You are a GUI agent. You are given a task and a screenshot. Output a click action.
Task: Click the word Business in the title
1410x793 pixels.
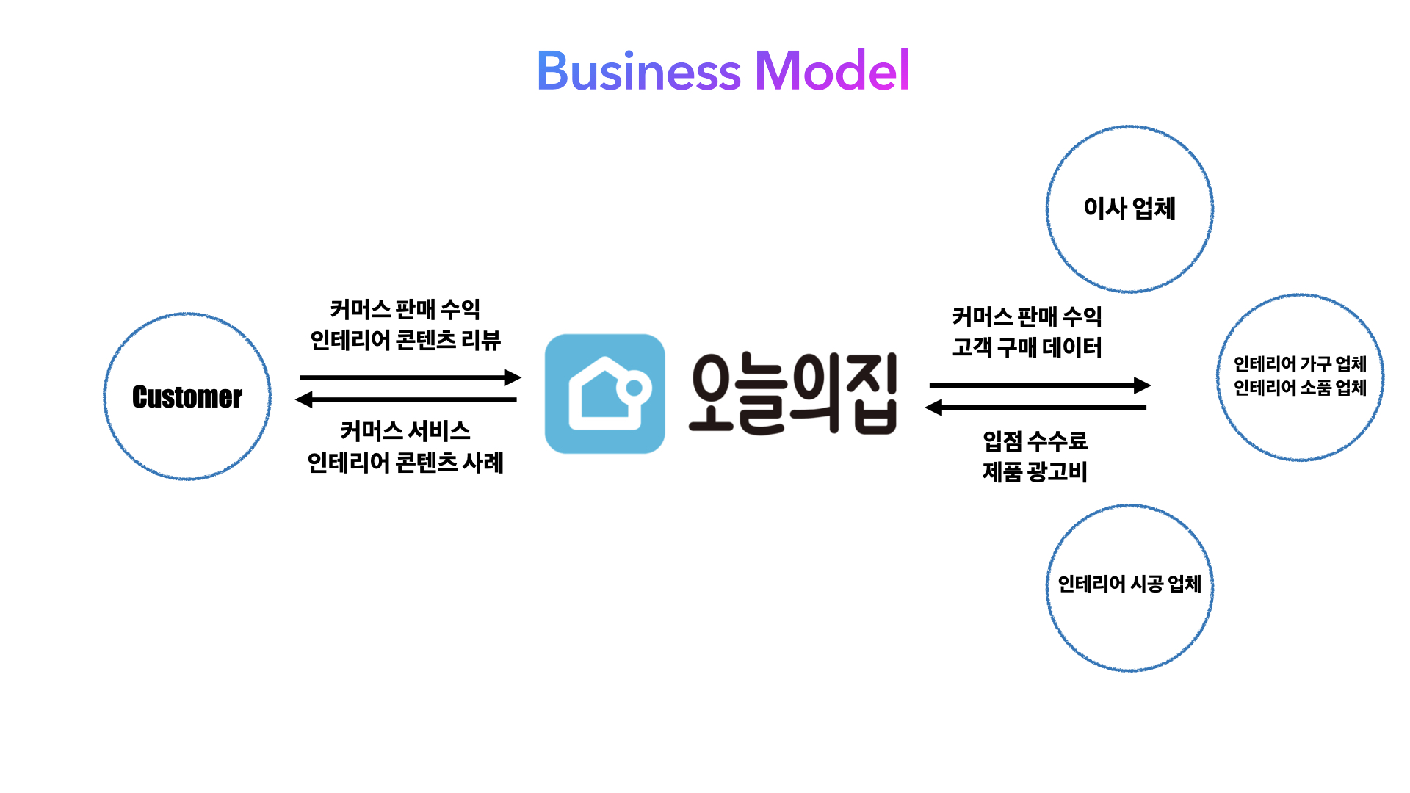tap(638, 71)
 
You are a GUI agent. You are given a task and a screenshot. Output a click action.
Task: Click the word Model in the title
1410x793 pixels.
tap(832, 71)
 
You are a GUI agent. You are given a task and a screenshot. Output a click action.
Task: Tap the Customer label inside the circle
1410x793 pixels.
tap(187, 397)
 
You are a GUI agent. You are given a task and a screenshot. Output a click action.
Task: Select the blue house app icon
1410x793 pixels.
tap(604, 394)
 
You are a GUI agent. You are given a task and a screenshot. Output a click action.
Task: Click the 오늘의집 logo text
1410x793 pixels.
tap(794, 394)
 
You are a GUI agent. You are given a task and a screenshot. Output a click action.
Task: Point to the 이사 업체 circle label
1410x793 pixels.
tap(1129, 209)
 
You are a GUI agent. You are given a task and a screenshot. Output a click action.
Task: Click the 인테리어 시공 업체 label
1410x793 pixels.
tap(1129, 584)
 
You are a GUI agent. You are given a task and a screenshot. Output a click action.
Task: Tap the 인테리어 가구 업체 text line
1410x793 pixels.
tap(1300, 364)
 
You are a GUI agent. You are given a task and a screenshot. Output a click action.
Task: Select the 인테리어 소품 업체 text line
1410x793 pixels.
tap(1300, 388)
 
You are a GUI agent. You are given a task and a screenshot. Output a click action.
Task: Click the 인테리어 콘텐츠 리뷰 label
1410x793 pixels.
tap(405, 341)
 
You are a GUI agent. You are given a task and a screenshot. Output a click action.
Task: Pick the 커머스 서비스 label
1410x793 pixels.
tap(405, 431)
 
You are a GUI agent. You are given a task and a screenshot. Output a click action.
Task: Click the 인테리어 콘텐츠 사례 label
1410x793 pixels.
tap(405, 463)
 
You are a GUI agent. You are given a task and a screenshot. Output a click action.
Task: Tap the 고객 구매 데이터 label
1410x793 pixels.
tap(1027, 347)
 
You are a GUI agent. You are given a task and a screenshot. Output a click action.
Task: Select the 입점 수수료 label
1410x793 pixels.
tap(1035, 441)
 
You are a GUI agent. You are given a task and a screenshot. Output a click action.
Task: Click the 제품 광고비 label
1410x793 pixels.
tap(1035, 472)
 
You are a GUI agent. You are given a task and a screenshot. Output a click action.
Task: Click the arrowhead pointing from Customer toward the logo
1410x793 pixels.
tap(513, 377)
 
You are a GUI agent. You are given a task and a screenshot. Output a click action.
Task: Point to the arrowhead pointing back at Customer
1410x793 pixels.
tap(303, 399)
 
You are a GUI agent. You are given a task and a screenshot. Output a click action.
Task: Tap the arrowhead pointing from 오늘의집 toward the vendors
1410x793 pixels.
tap(1143, 385)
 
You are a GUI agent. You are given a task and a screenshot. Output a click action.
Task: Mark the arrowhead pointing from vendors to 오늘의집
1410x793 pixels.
tap(933, 408)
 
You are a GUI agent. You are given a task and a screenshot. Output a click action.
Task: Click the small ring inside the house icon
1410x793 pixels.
tap(634, 388)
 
